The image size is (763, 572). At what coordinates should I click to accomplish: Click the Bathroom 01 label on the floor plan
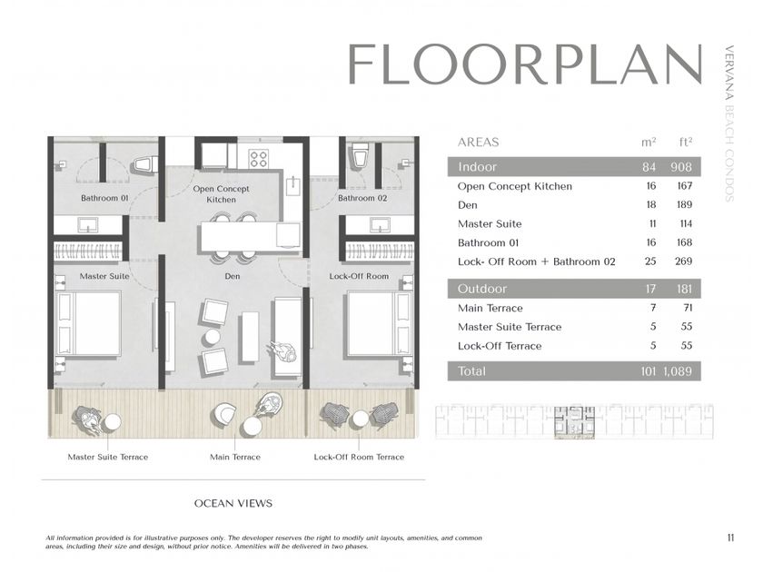click(104, 198)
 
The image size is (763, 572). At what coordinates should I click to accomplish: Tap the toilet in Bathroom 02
click(360, 155)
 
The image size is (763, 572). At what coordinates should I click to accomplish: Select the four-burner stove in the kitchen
click(258, 158)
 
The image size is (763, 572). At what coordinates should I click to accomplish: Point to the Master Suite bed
click(88, 324)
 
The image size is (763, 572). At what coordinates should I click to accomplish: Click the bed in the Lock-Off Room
click(379, 324)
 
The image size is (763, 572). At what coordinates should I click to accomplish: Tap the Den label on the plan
click(233, 276)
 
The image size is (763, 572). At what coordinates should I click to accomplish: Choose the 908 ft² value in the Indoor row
click(681, 167)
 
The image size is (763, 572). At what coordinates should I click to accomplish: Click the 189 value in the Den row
click(684, 205)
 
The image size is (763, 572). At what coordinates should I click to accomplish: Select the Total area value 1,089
click(678, 371)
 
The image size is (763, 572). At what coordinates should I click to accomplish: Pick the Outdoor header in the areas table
click(482, 289)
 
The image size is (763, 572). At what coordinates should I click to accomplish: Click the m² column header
click(649, 142)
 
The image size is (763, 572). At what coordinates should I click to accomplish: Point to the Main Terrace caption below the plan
click(235, 458)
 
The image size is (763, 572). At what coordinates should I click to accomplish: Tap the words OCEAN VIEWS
click(233, 503)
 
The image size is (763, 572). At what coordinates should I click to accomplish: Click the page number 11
click(730, 537)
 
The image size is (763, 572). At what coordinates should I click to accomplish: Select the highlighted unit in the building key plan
click(575, 423)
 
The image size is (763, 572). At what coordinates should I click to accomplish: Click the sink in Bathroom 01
click(88, 225)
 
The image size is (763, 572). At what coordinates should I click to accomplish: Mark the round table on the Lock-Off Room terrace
click(361, 419)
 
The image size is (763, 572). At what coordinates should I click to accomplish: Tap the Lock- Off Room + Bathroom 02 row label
click(537, 261)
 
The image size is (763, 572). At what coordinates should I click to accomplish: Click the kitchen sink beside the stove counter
click(293, 186)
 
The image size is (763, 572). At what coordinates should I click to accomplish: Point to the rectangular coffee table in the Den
click(249, 337)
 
